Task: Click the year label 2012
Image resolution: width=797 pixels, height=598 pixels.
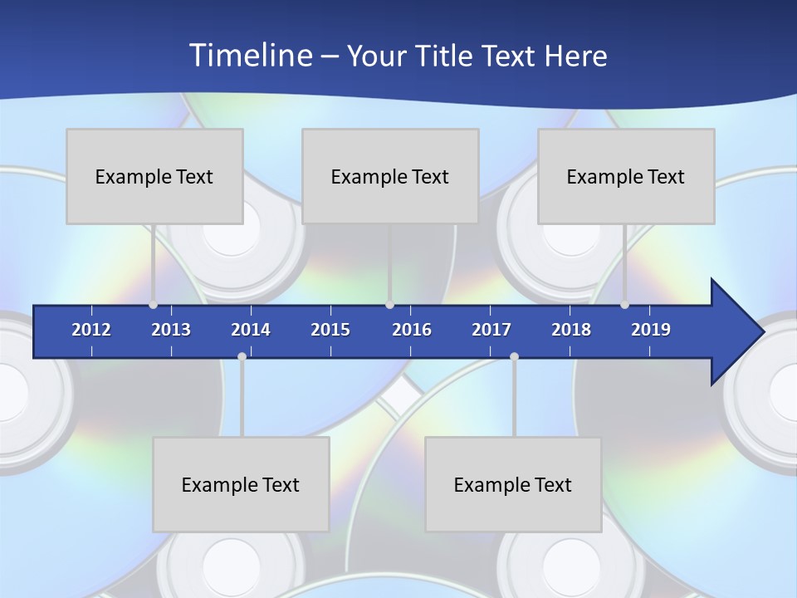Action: (x=91, y=330)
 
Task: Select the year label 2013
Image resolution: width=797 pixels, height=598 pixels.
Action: (x=171, y=330)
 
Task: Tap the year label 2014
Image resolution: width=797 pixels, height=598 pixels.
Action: (x=251, y=330)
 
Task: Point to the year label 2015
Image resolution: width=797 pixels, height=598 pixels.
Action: (x=330, y=330)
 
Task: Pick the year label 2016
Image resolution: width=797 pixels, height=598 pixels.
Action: (x=412, y=330)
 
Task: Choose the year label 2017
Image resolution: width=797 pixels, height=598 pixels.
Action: (x=491, y=330)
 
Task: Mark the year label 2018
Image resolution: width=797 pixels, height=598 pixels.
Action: (x=571, y=330)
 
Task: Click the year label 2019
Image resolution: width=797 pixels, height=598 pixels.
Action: (x=651, y=330)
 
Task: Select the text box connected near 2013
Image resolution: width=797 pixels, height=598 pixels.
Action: (x=154, y=176)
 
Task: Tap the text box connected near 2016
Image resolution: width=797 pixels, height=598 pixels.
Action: (x=390, y=176)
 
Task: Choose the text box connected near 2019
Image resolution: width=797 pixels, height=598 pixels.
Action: (x=626, y=176)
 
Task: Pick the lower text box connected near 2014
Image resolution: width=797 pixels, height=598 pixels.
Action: (x=241, y=484)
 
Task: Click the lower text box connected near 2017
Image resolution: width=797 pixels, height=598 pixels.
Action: (x=513, y=484)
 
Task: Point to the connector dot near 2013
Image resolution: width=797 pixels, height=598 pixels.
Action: (x=153, y=305)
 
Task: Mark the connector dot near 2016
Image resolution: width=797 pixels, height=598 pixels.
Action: (x=389, y=305)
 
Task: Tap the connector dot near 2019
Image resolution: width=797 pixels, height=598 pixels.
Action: (x=624, y=305)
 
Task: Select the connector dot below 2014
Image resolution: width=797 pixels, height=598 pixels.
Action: (x=242, y=356)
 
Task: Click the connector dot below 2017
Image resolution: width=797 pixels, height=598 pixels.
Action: (x=514, y=356)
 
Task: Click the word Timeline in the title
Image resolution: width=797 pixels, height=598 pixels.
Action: (x=250, y=55)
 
